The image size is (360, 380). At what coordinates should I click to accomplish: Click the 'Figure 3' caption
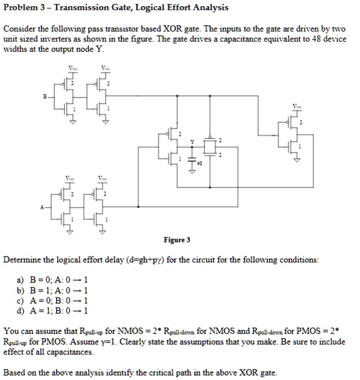(x=177, y=240)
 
